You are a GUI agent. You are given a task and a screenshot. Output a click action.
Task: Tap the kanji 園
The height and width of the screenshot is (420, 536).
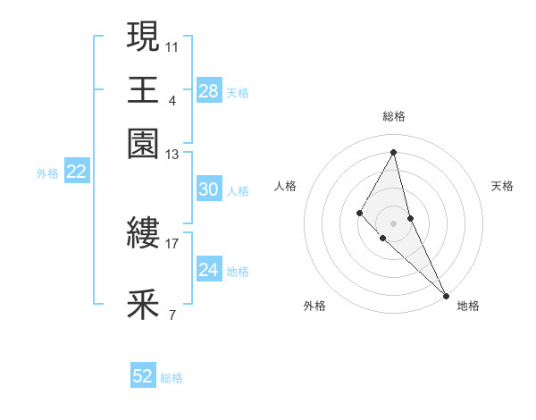(143, 142)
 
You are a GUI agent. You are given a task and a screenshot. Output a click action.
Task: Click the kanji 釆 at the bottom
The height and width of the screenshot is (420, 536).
(143, 305)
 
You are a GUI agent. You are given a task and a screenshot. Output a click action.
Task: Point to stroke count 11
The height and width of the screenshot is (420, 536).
(172, 44)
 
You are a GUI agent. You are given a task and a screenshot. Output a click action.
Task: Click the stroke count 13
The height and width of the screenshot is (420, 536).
(172, 155)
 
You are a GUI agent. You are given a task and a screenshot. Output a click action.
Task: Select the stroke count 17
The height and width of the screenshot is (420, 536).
(172, 242)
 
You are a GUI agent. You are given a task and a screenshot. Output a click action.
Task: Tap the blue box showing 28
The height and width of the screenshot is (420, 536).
(208, 91)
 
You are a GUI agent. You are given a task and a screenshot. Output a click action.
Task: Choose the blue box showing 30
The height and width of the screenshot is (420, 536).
(208, 189)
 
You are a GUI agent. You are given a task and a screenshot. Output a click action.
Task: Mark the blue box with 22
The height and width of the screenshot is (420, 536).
(76, 172)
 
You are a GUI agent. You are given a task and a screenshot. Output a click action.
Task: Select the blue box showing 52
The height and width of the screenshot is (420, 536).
(143, 376)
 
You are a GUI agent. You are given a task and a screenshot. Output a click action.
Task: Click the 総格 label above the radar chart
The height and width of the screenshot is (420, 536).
(394, 116)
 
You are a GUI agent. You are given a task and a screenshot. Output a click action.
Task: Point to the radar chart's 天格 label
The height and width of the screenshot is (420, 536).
(502, 186)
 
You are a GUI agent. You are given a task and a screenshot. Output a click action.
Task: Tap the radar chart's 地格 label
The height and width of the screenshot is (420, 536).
(468, 306)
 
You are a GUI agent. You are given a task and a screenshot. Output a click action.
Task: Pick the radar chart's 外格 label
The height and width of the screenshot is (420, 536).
(314, 306)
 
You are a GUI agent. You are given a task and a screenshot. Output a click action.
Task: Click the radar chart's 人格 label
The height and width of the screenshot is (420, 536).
(286, 186)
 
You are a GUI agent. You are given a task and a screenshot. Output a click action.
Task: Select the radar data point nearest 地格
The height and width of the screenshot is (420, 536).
(445, 294)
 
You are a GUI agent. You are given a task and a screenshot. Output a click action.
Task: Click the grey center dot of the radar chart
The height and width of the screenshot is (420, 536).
(393, 223)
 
